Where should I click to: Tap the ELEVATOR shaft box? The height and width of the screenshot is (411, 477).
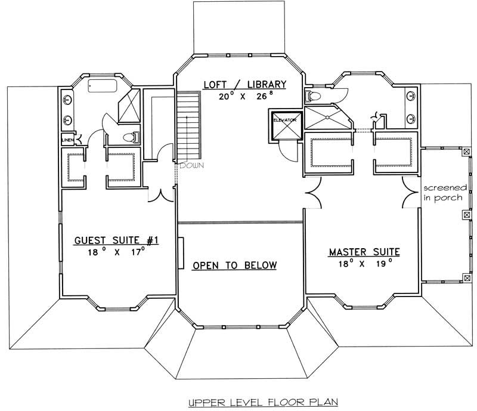[x=284, y=125]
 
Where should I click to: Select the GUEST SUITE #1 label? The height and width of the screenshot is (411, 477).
[x=116, y=240]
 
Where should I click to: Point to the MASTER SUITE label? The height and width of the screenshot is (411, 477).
[x=364, y=252]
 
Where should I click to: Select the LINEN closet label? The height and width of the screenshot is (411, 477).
[x=67, y=141]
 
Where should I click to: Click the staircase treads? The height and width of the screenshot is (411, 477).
[x=189, y=125]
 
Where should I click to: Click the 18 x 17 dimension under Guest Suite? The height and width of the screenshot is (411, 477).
[x=116, y=252]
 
